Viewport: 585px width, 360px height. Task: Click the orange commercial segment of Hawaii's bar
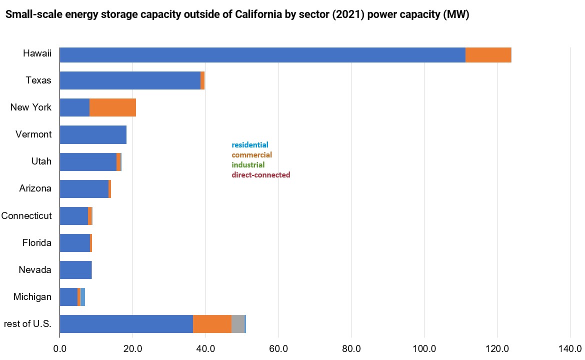488,55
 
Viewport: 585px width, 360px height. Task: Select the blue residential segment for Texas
130,80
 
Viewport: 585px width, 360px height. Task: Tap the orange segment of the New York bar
112,107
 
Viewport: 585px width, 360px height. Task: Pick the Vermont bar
93,135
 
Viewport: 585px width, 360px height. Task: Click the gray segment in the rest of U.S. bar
238,324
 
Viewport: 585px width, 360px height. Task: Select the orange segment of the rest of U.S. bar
212,324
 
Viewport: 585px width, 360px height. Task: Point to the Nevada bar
75,270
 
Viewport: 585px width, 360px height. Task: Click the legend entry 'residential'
249,145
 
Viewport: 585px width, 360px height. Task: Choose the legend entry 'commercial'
251,155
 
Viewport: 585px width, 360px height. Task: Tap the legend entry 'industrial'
248,165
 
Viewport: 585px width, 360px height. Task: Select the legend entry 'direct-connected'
260,175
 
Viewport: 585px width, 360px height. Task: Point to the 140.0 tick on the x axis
570,348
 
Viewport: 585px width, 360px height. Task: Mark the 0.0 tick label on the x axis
60,348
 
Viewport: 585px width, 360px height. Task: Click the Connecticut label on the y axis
26,216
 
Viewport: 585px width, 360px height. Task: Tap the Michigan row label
32,297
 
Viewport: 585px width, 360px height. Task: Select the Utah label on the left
41,162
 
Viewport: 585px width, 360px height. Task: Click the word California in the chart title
257,15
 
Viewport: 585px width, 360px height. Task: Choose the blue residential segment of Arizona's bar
84,189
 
